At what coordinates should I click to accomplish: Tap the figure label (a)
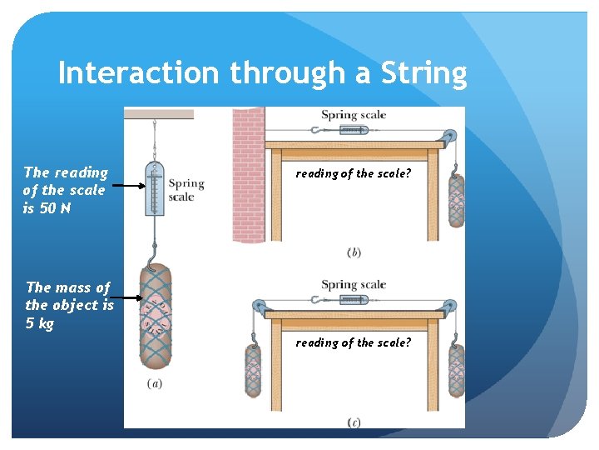click(x=154, y=384)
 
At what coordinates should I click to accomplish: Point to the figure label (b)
click(x=354, y=252)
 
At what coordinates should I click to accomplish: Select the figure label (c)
click(x=354, y=422)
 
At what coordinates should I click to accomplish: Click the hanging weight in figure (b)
click(x=456, y=200)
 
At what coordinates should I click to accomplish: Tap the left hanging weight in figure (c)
click(x=254, y=371)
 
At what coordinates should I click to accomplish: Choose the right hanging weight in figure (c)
click(x=456, y=370)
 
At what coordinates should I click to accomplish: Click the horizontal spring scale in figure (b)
click(x=351, y=130)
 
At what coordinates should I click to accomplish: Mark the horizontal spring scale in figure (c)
click(x=351, y=300)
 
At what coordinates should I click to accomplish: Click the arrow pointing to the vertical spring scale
click(x=129, y=187)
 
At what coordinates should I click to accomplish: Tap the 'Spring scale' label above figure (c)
click(x=354, y=284)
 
